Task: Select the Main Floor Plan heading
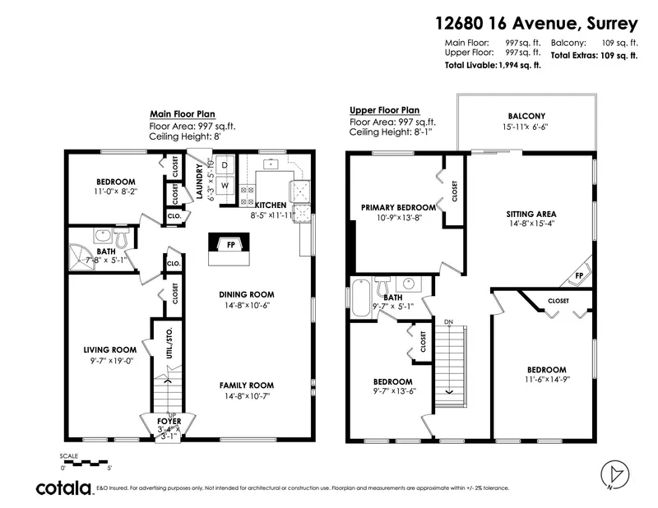click(x=182, y=114)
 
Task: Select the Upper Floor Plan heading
click(x=384, y=110)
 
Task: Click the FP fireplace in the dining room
click(x=232, y=244)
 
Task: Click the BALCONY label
click(x=526, y=116)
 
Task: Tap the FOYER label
click(x=169, y=421)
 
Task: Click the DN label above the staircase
click(x=448, y=321)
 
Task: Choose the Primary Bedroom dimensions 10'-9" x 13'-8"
click(x=398, y=218)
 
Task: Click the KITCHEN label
click(x=270, y=205)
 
